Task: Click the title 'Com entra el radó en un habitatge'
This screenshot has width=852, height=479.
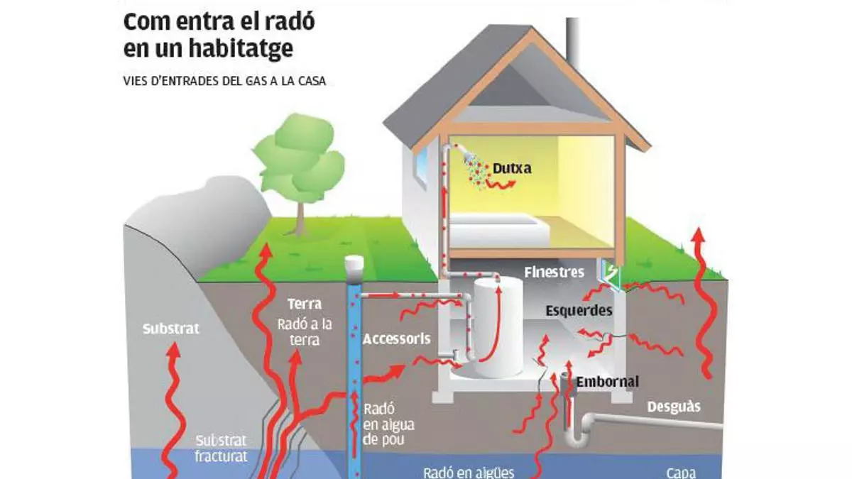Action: [219, 35]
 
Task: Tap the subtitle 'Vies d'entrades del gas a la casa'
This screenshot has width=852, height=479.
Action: [224, 82]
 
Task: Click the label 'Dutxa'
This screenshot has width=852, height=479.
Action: [512, 169]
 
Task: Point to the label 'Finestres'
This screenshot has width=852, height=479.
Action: [554, 272]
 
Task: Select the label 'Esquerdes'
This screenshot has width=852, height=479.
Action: [579, 310]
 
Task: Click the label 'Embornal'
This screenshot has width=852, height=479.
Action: [607, 382]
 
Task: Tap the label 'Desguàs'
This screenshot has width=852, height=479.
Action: [673, 407]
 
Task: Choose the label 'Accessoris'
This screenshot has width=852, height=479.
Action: [396, 339]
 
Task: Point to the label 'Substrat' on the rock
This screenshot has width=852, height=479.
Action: [170, 329]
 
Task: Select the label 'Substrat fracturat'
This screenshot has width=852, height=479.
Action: [222, 448]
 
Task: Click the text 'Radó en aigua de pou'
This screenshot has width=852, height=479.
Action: [388, 425]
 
